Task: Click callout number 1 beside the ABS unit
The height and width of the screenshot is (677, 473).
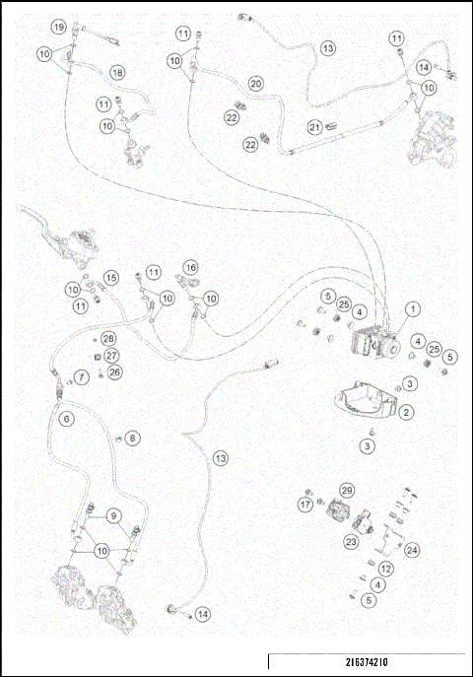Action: coord(412,309)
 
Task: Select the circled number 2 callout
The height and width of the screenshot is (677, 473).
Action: coord(406,412)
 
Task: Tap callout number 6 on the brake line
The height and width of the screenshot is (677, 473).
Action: coord(66,419)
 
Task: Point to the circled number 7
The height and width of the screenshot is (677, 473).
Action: coord(83,376)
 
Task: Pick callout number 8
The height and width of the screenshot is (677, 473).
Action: coord(133,438)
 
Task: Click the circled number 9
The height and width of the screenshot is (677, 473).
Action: coord(114,514)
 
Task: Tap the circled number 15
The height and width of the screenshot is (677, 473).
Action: coord(111,278)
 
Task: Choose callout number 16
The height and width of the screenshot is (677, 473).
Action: coord(190,267)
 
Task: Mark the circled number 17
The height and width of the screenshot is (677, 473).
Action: coord(305,504)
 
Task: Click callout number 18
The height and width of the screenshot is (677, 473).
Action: coord(117,73)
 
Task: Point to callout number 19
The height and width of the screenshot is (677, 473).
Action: coord(59,27)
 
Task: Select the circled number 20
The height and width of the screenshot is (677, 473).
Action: coord(255,84)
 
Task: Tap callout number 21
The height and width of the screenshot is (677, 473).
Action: coord(314,126)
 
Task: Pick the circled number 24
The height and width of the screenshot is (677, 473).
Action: coord(412,550)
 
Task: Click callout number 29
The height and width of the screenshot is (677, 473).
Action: coord(346,490)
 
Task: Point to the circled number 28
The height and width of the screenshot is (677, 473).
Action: coord(108,338)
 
